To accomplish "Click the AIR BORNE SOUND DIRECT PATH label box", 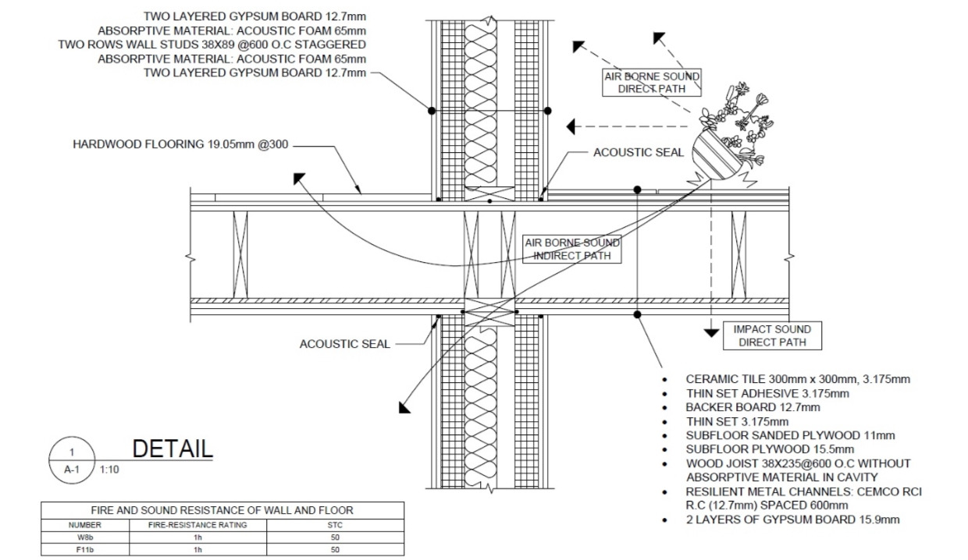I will [652, 82].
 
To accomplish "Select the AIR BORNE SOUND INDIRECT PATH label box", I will [571, 249].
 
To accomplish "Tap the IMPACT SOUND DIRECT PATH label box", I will [772, 335].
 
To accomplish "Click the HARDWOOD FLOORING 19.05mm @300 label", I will [181, 144].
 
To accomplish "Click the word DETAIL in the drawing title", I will [173, 449].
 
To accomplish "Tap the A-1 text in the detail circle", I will [72, 470].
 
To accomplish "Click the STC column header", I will [335, 525].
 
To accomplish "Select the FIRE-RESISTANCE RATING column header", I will [198, 525].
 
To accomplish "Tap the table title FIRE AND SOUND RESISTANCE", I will [222, 510].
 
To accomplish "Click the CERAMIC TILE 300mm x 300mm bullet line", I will [798, 379].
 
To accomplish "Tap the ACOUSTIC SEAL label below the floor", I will [344, 344].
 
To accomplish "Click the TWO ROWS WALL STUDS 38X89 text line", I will [212, 44].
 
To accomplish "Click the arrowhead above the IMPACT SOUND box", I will [710, 332].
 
